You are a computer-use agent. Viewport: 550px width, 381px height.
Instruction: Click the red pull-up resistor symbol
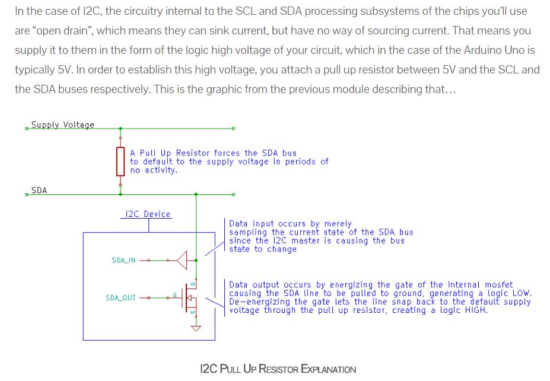[120, 161]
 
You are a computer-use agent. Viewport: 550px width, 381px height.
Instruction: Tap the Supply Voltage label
[62, 124]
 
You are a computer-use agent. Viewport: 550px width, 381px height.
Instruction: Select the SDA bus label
[39, 190]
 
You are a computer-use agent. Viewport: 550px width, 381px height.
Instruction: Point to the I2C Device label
[148, 214]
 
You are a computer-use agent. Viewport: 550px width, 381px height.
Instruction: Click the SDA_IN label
[123, 260]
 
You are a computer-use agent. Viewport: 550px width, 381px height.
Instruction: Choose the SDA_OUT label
[120, 297]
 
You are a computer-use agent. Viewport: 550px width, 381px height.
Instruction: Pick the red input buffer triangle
[182, 260]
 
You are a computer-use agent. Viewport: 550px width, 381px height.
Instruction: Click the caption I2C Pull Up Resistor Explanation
[278, 369]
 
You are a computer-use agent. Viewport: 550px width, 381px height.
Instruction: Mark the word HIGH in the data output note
[474, 310]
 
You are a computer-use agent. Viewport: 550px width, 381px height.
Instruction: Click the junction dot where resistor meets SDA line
[120, 194]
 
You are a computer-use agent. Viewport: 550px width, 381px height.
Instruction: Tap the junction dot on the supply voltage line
[120, 128]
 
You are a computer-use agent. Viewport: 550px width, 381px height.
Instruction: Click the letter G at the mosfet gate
[174, 294]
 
